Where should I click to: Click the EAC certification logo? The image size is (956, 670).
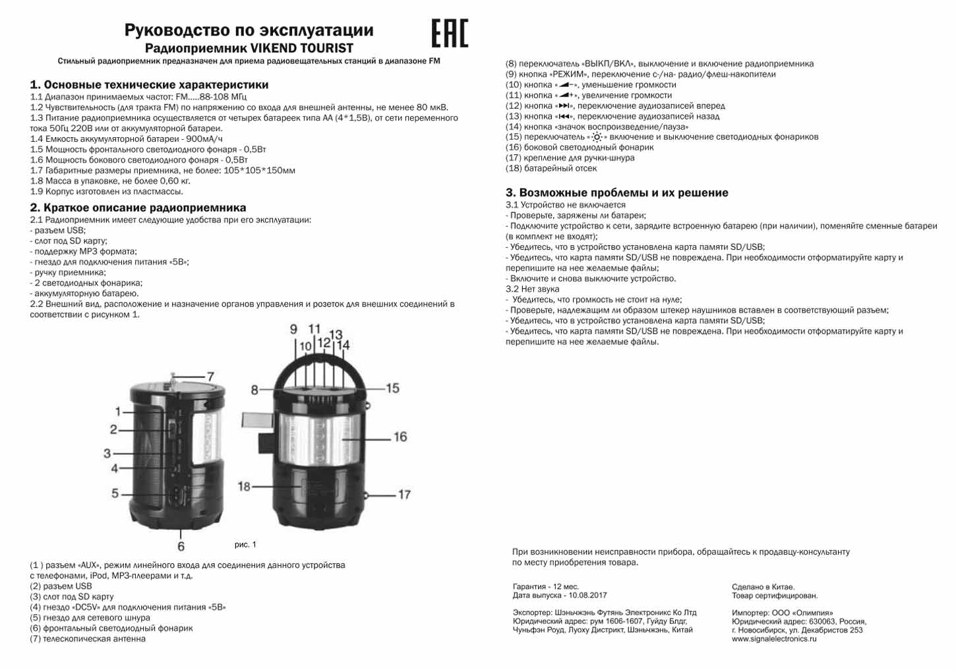[x=450, y=33]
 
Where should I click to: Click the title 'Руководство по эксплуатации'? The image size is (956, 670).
[x=249, y=30]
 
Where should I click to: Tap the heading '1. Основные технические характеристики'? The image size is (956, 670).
[x=149, y=85]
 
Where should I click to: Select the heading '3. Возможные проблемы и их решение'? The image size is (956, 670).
[x=616, y=193]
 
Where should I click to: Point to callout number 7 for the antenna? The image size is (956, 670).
[x=210, y=377]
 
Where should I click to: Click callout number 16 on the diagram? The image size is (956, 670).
[x=400, y=437]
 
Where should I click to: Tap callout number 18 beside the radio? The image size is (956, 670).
[x=244, y=486]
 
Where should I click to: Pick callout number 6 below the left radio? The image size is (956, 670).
[x=181, y=546]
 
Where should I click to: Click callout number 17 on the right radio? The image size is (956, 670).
[x=403, y=494]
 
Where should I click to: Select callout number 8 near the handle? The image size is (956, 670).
[x=254, y=390]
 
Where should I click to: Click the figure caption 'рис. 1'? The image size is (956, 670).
[x=245, y=545]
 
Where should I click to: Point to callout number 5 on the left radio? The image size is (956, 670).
[x=115, y=493]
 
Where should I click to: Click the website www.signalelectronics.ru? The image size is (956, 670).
[x=773, y=639]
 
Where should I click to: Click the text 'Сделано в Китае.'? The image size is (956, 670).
[x=763, y=587]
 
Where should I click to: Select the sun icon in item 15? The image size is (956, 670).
[x=597, y=137]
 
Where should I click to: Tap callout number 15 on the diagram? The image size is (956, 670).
[x=392, y=388]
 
